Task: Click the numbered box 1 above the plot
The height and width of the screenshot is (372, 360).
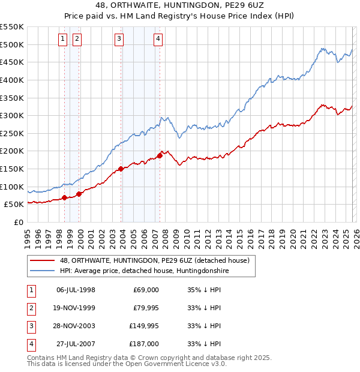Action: [x=63, y=39]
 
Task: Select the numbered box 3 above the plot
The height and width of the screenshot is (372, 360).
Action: [x=119, y=39]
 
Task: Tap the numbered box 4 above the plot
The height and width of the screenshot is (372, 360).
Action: [x=158, y=39]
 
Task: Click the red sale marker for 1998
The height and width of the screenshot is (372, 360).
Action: [x=64, y=197]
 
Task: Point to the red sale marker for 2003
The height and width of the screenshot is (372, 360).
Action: [x=121, y=169]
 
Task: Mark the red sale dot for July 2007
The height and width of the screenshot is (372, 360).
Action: [x=160, y=155]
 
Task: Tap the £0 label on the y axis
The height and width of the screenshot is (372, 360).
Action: [x=18, y=222]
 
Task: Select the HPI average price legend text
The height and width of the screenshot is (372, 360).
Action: [x=145, y=271]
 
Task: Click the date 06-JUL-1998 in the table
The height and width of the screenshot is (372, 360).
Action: [x=76, y=290]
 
